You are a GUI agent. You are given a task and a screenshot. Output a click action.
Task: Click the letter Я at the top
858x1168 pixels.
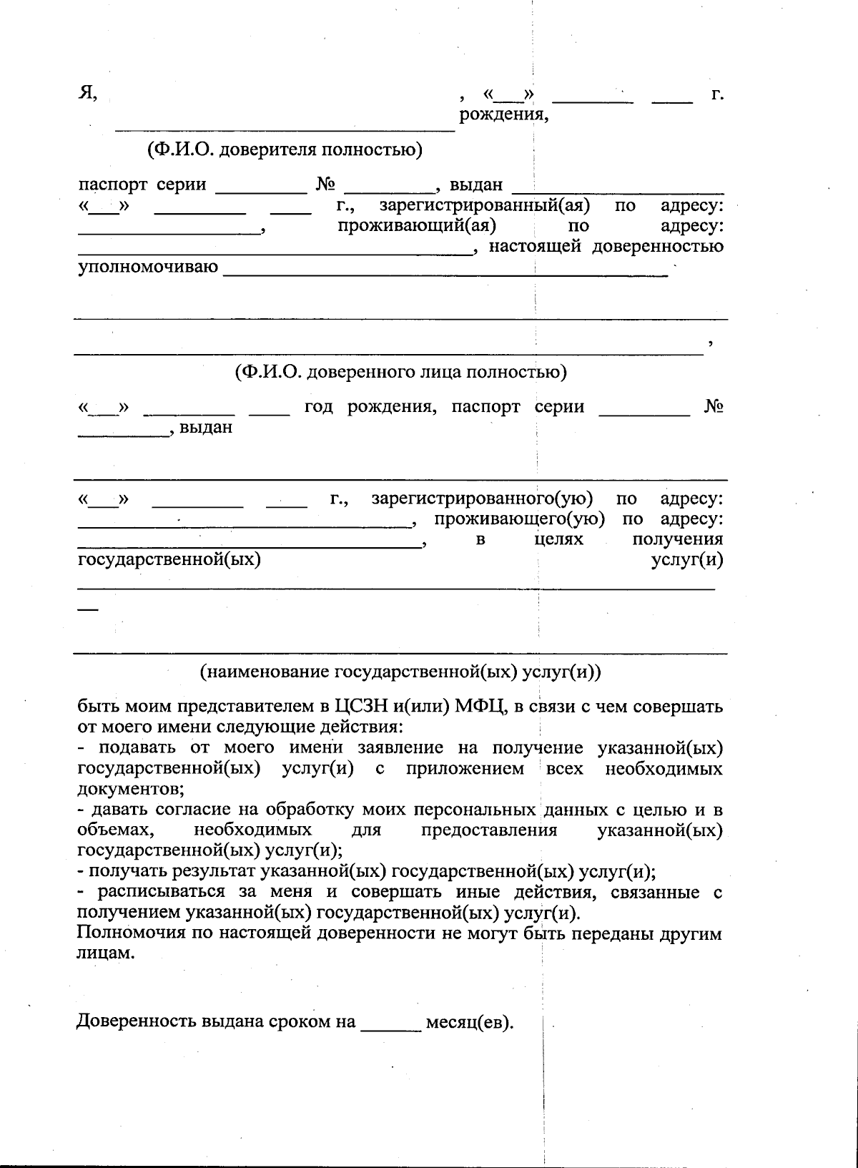(87, 94)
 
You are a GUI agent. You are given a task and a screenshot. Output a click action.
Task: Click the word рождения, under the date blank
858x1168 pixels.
(503, 114)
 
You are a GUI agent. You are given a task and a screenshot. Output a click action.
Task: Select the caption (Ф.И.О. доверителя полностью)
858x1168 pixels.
(285, 150)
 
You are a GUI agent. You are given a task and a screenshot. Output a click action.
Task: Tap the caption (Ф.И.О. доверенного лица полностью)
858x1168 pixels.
(400, 372)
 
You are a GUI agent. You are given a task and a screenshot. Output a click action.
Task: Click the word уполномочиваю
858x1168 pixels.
(147, 268)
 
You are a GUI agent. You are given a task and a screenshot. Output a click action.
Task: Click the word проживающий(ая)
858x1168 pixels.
(418, 226)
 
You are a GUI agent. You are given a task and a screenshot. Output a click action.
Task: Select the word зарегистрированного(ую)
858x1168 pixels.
(481, 499)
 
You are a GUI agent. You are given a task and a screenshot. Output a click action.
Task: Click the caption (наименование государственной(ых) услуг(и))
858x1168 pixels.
(400, 672)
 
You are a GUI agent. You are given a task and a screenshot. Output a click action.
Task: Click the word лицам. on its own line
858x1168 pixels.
(105, 954)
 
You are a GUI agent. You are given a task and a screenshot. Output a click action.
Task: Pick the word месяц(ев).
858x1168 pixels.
(470, 1022)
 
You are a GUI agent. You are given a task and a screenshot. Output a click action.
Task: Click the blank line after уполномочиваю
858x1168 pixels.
(446, 272)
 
